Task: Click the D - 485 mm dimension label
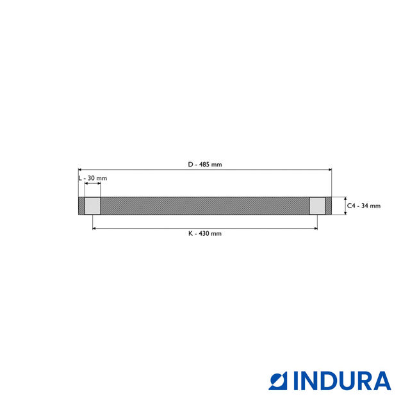click(205, 165)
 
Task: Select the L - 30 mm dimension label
click(93, 177)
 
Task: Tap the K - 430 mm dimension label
click(205, 234)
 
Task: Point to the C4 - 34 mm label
click(364, 206)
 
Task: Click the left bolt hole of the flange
click(93, 206)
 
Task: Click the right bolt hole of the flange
click(317, 206)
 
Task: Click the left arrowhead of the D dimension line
click(80, 170)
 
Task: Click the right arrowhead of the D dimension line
click(330, 170)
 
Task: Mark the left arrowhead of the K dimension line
click(95, 227)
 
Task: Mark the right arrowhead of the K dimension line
click(315, 227)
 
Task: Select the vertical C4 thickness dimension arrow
click(345, 206)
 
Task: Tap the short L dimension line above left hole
click(93, 184)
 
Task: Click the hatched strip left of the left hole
click(81, 206)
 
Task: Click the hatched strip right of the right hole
click(329, 206)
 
